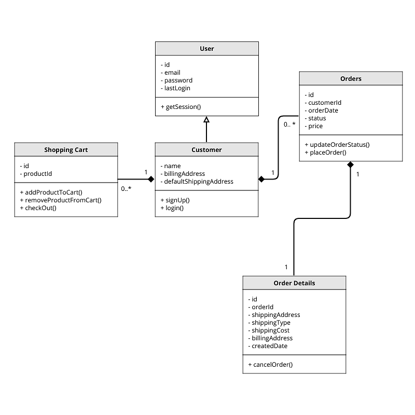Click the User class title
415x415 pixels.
coord(206,49)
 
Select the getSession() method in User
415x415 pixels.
coord(183,107)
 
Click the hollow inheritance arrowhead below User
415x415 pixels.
coord(206,120)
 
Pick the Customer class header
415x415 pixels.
coord(206,149)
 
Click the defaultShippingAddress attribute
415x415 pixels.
coord(198,182)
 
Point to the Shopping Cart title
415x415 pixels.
coord(66,150)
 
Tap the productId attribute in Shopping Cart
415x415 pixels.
coord(36,174)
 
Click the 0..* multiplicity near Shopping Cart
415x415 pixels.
coord(126,189)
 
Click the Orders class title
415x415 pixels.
coord(351,79)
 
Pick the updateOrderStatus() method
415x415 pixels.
coord(340,145)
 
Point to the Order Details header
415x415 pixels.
coord(294,283)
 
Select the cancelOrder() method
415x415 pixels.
coord(271,365)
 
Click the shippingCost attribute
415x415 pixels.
coord(270,330)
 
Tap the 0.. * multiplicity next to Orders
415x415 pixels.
coord(289,125)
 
